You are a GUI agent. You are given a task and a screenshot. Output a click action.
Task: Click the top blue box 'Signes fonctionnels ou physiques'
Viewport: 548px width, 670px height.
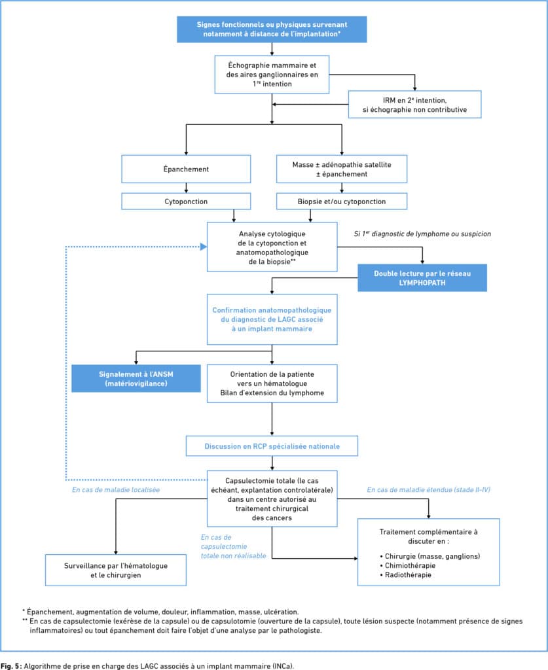[272, 29]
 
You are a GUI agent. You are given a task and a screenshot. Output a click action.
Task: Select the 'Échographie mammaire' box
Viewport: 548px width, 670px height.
[272, 75]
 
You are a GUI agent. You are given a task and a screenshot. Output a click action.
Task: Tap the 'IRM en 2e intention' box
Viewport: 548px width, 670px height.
[414, 105]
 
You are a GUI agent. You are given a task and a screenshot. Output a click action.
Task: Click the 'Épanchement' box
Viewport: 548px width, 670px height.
[186, 169]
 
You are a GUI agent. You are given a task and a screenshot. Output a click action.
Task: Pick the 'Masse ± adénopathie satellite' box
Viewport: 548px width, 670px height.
[342, 169]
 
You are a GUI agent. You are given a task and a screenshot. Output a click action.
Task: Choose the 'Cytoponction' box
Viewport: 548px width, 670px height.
[186, 202]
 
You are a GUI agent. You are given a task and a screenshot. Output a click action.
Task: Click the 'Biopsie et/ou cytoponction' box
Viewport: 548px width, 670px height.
[342, 202]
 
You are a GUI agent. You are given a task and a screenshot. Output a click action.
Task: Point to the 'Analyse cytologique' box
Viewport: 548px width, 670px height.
[272, 247]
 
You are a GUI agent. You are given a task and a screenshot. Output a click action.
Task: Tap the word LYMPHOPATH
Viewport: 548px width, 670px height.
[422, 283]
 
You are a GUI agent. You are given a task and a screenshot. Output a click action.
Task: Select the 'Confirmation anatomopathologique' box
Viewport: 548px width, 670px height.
[272, 319]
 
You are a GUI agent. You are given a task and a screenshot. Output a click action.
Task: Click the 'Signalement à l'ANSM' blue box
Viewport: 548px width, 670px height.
[136, 379]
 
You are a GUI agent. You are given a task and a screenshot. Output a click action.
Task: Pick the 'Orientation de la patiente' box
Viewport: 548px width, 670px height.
[272, 383]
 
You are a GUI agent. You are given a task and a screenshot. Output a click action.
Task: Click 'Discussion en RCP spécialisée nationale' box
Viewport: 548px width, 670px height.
[272, 446]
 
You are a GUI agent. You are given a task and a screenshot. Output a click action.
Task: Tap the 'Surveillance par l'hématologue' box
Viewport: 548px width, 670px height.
[116, 571]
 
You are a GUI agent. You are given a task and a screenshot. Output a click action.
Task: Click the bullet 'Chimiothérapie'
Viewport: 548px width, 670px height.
[408, 566]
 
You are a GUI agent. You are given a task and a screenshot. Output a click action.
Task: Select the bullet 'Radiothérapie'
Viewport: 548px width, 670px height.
[406, 575]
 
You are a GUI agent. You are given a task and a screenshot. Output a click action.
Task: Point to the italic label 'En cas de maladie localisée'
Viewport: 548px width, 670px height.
[116, 489]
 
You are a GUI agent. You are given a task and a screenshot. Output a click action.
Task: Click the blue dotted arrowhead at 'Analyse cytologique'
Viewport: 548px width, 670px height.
[204, 247]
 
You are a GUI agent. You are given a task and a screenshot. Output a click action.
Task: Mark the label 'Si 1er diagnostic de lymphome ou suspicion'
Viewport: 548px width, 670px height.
[422, 234]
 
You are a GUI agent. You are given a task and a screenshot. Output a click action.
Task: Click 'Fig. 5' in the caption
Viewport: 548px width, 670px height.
[10, 665]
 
